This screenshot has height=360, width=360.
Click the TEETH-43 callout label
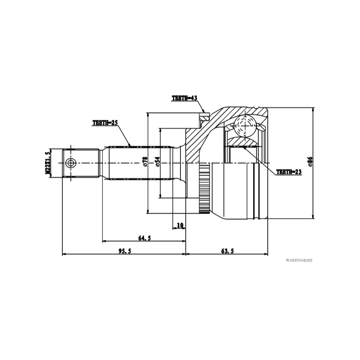[184, 98]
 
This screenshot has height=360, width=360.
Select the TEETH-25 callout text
[105, 123]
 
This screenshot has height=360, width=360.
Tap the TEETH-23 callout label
[289, 172]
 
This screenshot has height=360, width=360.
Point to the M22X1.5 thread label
[48, 163]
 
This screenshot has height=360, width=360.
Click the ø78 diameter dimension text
[145, 162]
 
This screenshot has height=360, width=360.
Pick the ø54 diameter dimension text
[157, 162]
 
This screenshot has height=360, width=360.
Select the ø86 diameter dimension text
[310, 162]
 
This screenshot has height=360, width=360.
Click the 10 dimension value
[180, 225]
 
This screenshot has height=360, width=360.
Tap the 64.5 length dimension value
[144, 238]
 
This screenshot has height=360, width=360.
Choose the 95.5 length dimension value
[125, 251]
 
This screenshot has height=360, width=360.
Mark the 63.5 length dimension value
[228, 251]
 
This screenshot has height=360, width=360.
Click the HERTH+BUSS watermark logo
[299, 261]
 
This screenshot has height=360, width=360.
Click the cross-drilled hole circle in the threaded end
[70, 163]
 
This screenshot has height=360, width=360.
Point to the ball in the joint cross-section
[245, 126]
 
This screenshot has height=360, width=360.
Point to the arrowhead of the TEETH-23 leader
[245, 148]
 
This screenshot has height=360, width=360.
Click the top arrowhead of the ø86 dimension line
[313, 110]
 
